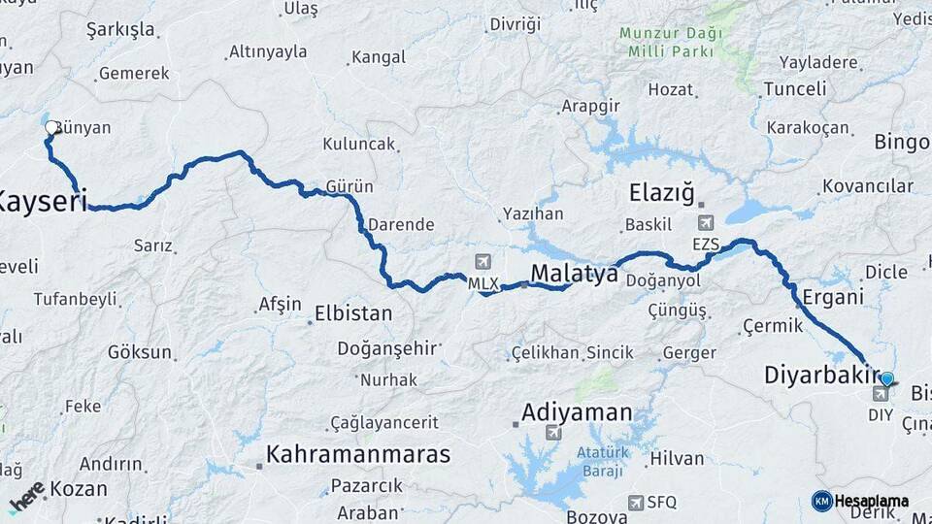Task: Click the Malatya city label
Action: point(574,275)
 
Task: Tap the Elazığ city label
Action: point(662,192)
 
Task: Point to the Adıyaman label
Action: point(577,412)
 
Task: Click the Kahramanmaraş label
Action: point(358,454)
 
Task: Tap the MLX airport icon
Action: point(483,263)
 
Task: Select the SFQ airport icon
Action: point(635,502)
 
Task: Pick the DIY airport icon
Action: point(881,394)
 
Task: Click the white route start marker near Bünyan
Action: point(51,127)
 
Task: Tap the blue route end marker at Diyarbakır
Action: point(886,379)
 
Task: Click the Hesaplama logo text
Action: point(871,501)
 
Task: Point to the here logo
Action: point(27,497)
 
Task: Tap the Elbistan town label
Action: point(353,313)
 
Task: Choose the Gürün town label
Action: point(350,185)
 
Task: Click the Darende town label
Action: point(400,224)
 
